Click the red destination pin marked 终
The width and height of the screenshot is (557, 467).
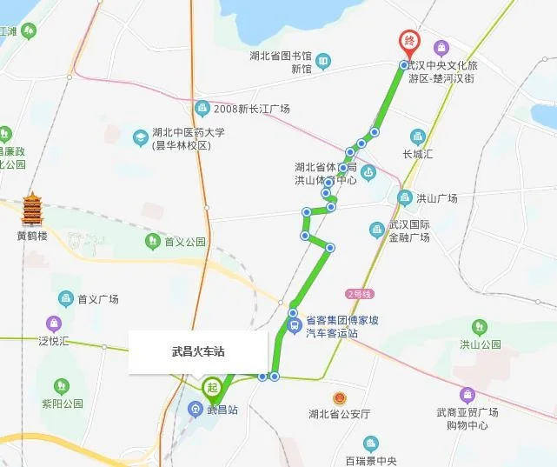click(x=408, y=42)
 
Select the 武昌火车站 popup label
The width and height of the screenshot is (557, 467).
click(x=198, y=353)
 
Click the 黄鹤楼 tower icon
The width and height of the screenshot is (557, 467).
click(x=33, y=209)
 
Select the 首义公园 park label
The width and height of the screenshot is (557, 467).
click(x=185, y=242)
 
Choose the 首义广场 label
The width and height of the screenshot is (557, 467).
click(x=97, y=299)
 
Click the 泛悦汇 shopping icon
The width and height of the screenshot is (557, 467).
click(x=56, y=324)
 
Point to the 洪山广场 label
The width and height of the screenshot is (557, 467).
click(x=436, y=198)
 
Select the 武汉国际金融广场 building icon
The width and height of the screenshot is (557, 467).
click(x=376, y=229)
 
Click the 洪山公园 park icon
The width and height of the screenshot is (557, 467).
click(x=480, y=327)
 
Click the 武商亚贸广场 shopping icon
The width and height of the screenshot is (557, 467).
click(x=467, y=395)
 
